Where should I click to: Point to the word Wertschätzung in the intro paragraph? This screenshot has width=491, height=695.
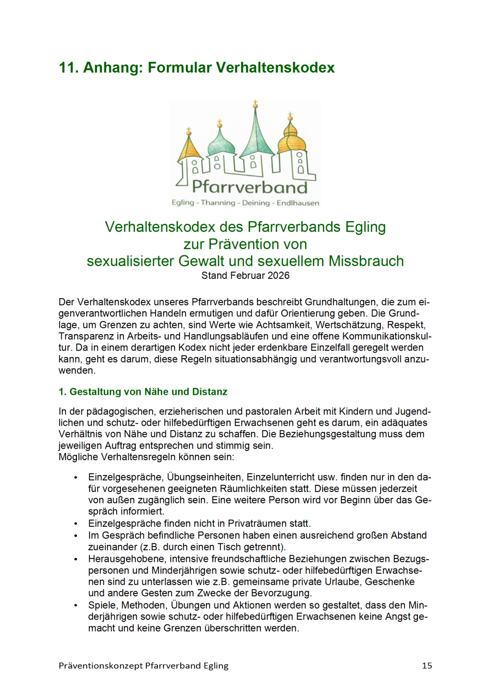pyautogui.click(x=326, y=324)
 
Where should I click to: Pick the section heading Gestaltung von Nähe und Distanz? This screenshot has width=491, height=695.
pyautogui.click(x=143, y=391)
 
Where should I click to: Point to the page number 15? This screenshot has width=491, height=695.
pyautogui.click(x=427, y=666)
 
